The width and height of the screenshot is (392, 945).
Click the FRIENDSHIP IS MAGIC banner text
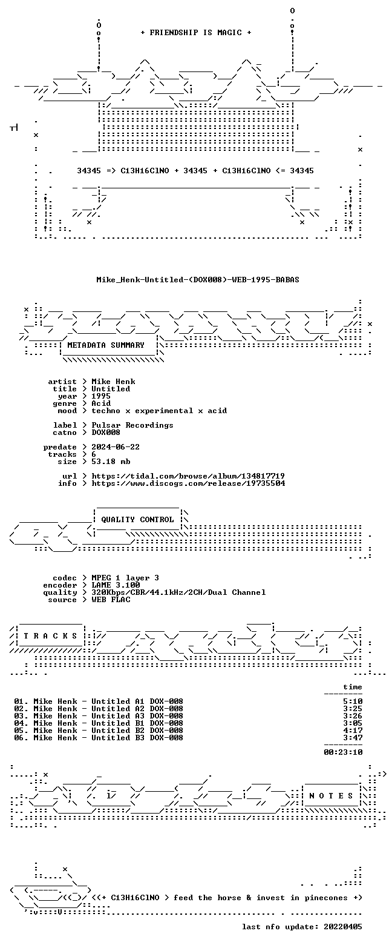click(196, 33)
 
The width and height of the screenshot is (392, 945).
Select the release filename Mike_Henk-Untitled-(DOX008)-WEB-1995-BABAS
click(198, 280)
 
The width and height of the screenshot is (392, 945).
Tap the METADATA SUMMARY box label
click(106, 345)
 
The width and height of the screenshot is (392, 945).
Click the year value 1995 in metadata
click(101, 396)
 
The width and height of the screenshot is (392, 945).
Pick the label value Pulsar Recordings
click(132, 425)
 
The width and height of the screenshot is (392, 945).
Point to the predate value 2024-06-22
click(116, 447)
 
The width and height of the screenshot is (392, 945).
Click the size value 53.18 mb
click(111, 462)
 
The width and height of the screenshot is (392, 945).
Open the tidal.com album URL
click(188, 476)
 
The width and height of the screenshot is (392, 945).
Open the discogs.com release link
click(188, 483)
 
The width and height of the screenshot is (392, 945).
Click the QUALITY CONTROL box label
click(137, 520)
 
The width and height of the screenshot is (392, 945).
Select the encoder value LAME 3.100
click(116, 585)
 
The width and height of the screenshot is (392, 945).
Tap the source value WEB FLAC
click(111, 600)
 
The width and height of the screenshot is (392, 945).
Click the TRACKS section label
click(51, 636)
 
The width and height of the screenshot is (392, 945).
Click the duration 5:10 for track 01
click(353, 701)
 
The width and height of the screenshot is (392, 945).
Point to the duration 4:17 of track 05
click(353, 731)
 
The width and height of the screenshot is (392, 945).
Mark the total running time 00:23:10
click(343, 752)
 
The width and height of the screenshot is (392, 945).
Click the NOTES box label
click(332, 795)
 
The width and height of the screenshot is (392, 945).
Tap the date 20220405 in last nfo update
click(343, 927)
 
